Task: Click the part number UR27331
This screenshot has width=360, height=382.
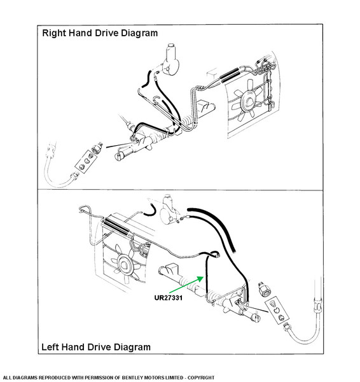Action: [x=168, y=298]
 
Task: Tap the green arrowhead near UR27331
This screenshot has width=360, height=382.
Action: [x=200, y=279]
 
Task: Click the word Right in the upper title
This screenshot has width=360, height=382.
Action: [x=54, y=33]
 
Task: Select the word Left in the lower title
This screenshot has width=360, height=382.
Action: [x=50, y=347]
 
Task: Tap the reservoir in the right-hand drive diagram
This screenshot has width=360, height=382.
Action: [x=171, y=59]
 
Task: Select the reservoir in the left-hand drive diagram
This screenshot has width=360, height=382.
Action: [x=169, y=209]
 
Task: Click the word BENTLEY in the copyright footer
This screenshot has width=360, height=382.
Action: [x=133, y=378]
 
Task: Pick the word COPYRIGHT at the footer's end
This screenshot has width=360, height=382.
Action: [x=201, y=378]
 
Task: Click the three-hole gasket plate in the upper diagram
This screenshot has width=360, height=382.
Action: [x=86, y=161]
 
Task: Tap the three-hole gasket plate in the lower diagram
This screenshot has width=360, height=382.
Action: [x=277, y=311]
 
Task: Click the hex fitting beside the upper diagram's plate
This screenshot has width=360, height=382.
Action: [x=97, y=148]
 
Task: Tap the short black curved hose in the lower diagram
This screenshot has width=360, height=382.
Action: [x=151, y=211]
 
